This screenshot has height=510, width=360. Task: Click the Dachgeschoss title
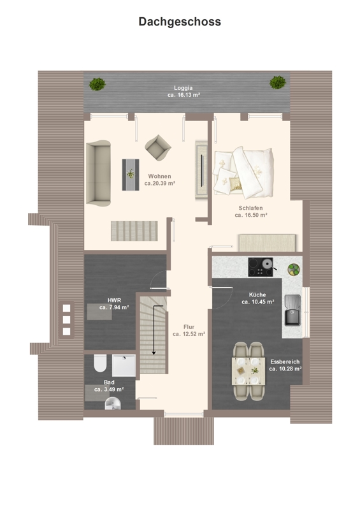[180, 22]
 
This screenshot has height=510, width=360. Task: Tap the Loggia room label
[184, 88]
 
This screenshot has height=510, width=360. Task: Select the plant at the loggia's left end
[97, 84]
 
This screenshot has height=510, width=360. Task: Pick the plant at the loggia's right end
[278, 82]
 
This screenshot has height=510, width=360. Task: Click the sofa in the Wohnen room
[98, 173]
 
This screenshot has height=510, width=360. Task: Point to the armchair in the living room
[158, 148]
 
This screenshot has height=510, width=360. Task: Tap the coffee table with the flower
[131, 175]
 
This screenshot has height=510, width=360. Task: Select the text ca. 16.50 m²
[251, 215]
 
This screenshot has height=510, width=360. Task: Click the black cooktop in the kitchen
[261, 267]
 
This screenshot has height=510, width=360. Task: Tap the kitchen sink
[292, 310]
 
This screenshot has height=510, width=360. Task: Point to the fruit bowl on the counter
[294, 270]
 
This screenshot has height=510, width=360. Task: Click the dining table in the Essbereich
[248, 371]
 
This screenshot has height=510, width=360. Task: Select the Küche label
[257, 295]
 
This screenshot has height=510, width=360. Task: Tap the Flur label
[189, 327]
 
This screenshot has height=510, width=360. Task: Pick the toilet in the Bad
[100, 363]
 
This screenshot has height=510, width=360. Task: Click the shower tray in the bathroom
[124, 365]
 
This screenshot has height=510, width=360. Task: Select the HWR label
[114, 300]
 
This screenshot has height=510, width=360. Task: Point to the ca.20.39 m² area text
[160, 183]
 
